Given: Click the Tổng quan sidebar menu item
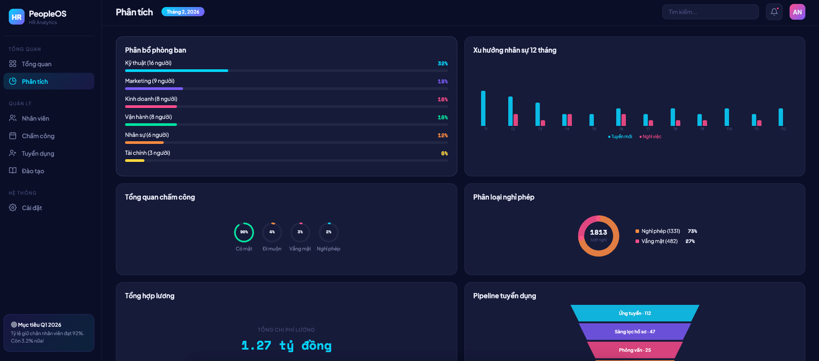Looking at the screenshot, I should pos(36,64).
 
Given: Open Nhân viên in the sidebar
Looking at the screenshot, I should pos(35,118).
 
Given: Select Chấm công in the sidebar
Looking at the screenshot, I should pos(38,136).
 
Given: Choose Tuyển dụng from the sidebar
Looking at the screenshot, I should pos(38,154).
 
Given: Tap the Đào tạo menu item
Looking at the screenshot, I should pos(33,171).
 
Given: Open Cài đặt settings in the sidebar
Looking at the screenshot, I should pos(32,208).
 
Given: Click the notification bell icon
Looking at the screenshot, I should pos(774,12).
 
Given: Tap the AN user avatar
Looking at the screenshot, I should pos(797,12).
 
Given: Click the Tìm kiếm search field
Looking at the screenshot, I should pos(710,12).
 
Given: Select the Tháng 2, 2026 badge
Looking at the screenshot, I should pos(183,12).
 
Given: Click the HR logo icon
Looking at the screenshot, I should pos(17,17).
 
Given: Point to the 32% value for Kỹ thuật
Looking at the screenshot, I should pos(442,64).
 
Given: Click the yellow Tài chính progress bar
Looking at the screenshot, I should pos(135,161).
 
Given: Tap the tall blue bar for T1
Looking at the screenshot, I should pos(483,108).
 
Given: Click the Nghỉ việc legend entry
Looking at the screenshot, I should pos(651,137).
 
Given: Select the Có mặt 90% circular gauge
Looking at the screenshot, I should pos(244,232).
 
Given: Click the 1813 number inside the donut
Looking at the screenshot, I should pos(598,232).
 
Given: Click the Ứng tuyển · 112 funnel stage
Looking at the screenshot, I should pos(635,313).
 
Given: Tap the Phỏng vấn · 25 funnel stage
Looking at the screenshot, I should pos(635,350).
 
